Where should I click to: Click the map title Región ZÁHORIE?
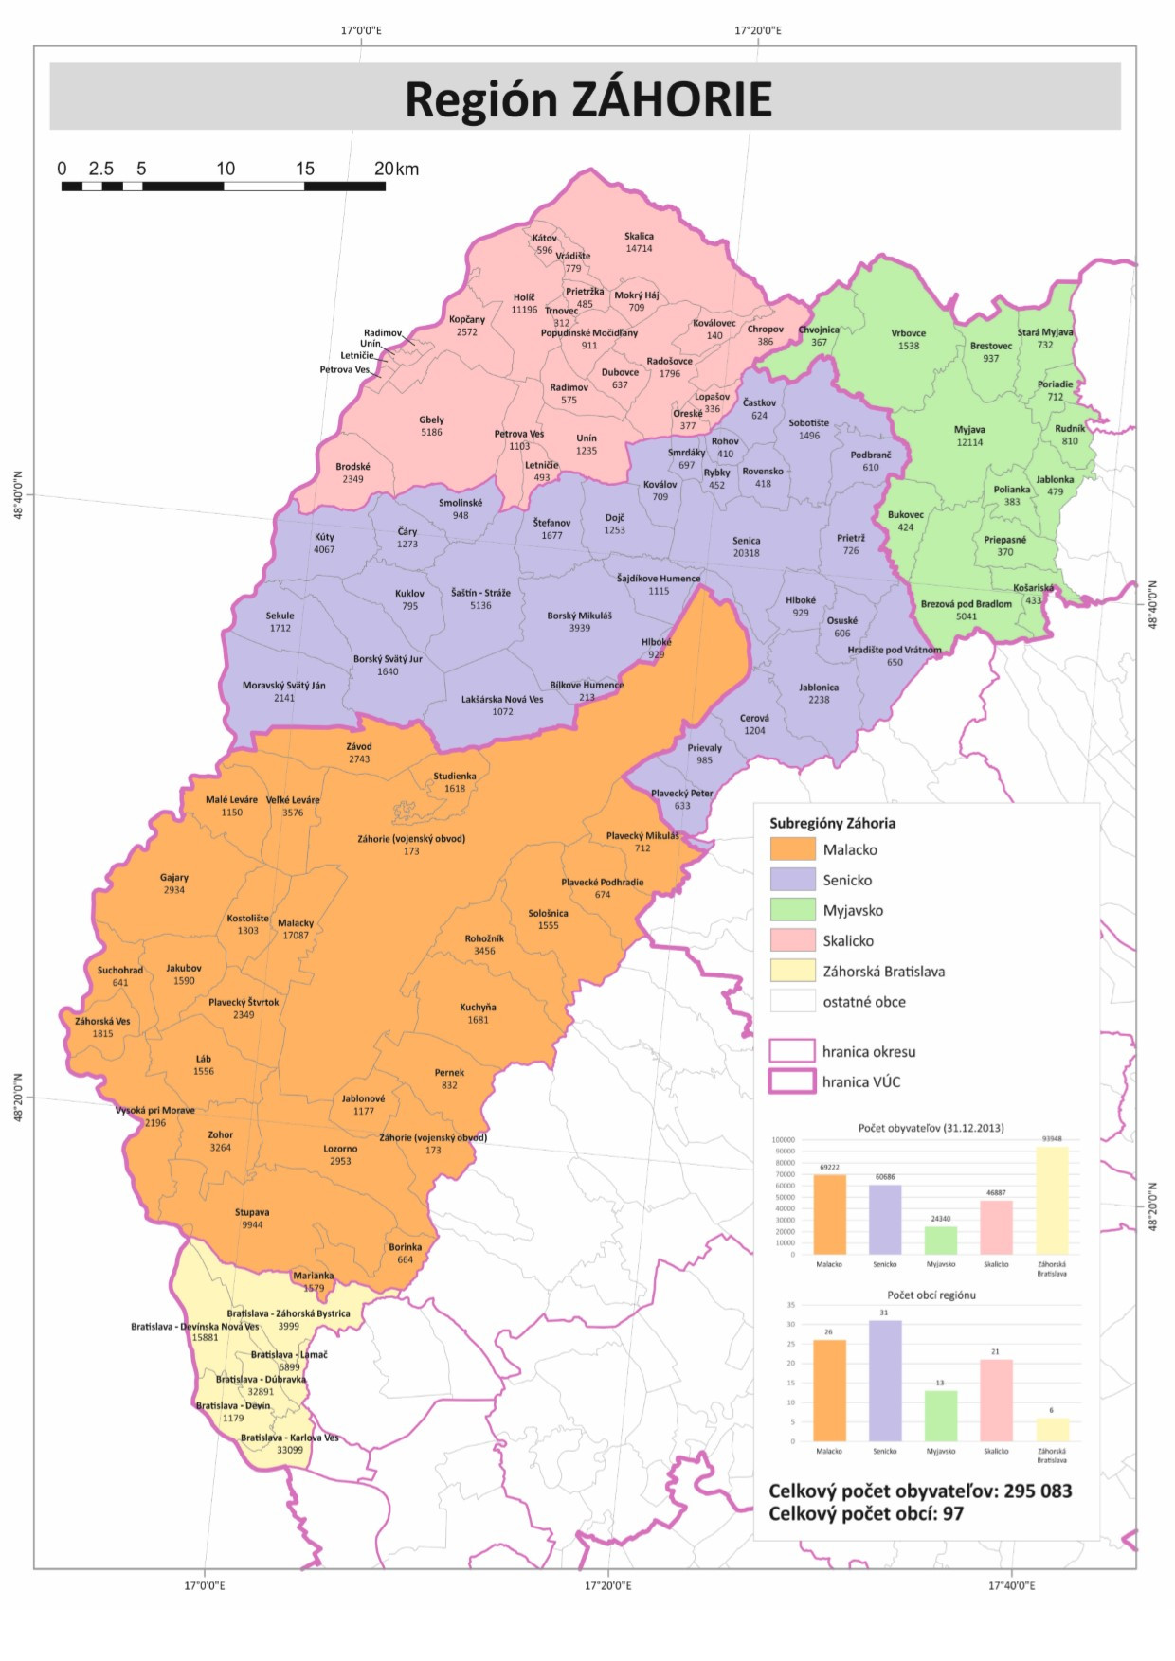pos(588,98)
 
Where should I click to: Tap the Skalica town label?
pos(639,237)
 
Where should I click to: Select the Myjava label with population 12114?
pos(969,430)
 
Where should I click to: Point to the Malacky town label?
pos(296,923)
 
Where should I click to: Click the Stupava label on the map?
pos(252,1212)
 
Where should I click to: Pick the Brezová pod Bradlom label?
pos(966,604)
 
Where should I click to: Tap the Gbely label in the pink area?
pos(431,420)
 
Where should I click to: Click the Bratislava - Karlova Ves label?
pos(289,1438)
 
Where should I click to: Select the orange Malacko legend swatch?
pos(792,849)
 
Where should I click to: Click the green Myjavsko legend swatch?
pos(792,910)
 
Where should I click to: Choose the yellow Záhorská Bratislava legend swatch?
pos(792,971)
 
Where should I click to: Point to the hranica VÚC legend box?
pos(792,1081)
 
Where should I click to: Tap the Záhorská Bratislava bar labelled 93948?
pos(1052,1201)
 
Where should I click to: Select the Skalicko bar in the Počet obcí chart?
pos(996,1401)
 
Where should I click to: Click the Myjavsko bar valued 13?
pos(940,1417)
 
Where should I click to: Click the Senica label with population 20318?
pos(746,541)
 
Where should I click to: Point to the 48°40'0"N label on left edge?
pos(18,495)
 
